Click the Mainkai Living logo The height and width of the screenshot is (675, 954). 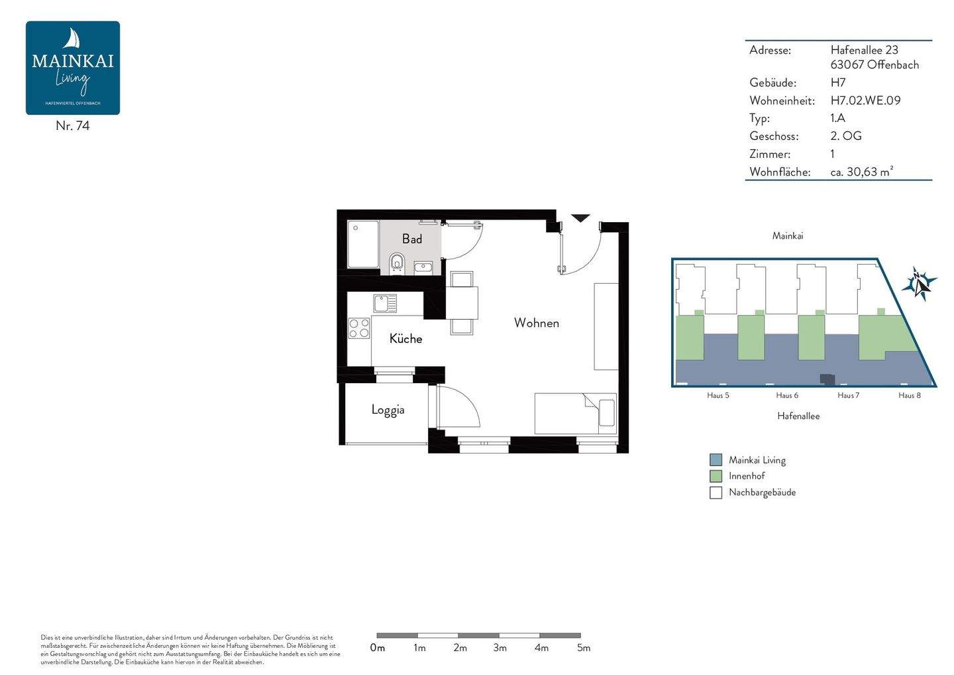(x=73, y=68)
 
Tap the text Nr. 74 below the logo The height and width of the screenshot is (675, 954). (x=73, y=126)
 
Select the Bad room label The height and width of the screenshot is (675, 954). (x=411, y=239)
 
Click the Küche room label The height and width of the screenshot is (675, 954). (x=405, y=339)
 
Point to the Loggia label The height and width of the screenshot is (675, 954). (x=388, y=410)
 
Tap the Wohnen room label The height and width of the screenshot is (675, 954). (x=536, y=323)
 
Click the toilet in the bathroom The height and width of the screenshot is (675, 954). (x=397, y=263)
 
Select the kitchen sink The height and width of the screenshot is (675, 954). (x=384, y=304)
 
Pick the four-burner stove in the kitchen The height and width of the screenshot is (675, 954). (x=359, y=328)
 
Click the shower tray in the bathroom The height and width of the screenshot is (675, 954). (x=363, y=245)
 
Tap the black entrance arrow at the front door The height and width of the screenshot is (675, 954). (x=580, y=218)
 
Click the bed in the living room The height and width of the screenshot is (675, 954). (x=575, y=414)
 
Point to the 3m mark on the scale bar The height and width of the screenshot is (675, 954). (x=500, y=648)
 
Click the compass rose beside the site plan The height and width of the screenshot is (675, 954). (x=919, y=284)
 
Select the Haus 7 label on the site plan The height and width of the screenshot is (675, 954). (x=848, y=395)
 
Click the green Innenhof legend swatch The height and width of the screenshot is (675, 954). (x=715, y=476)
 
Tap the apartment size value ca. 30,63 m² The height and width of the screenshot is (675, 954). (x=861, y=172)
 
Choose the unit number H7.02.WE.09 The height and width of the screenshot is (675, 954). (x=865, y=101)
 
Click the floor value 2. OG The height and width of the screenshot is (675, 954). (x=846, y=136)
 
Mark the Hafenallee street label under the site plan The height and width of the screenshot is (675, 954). (x=798, y=416)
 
